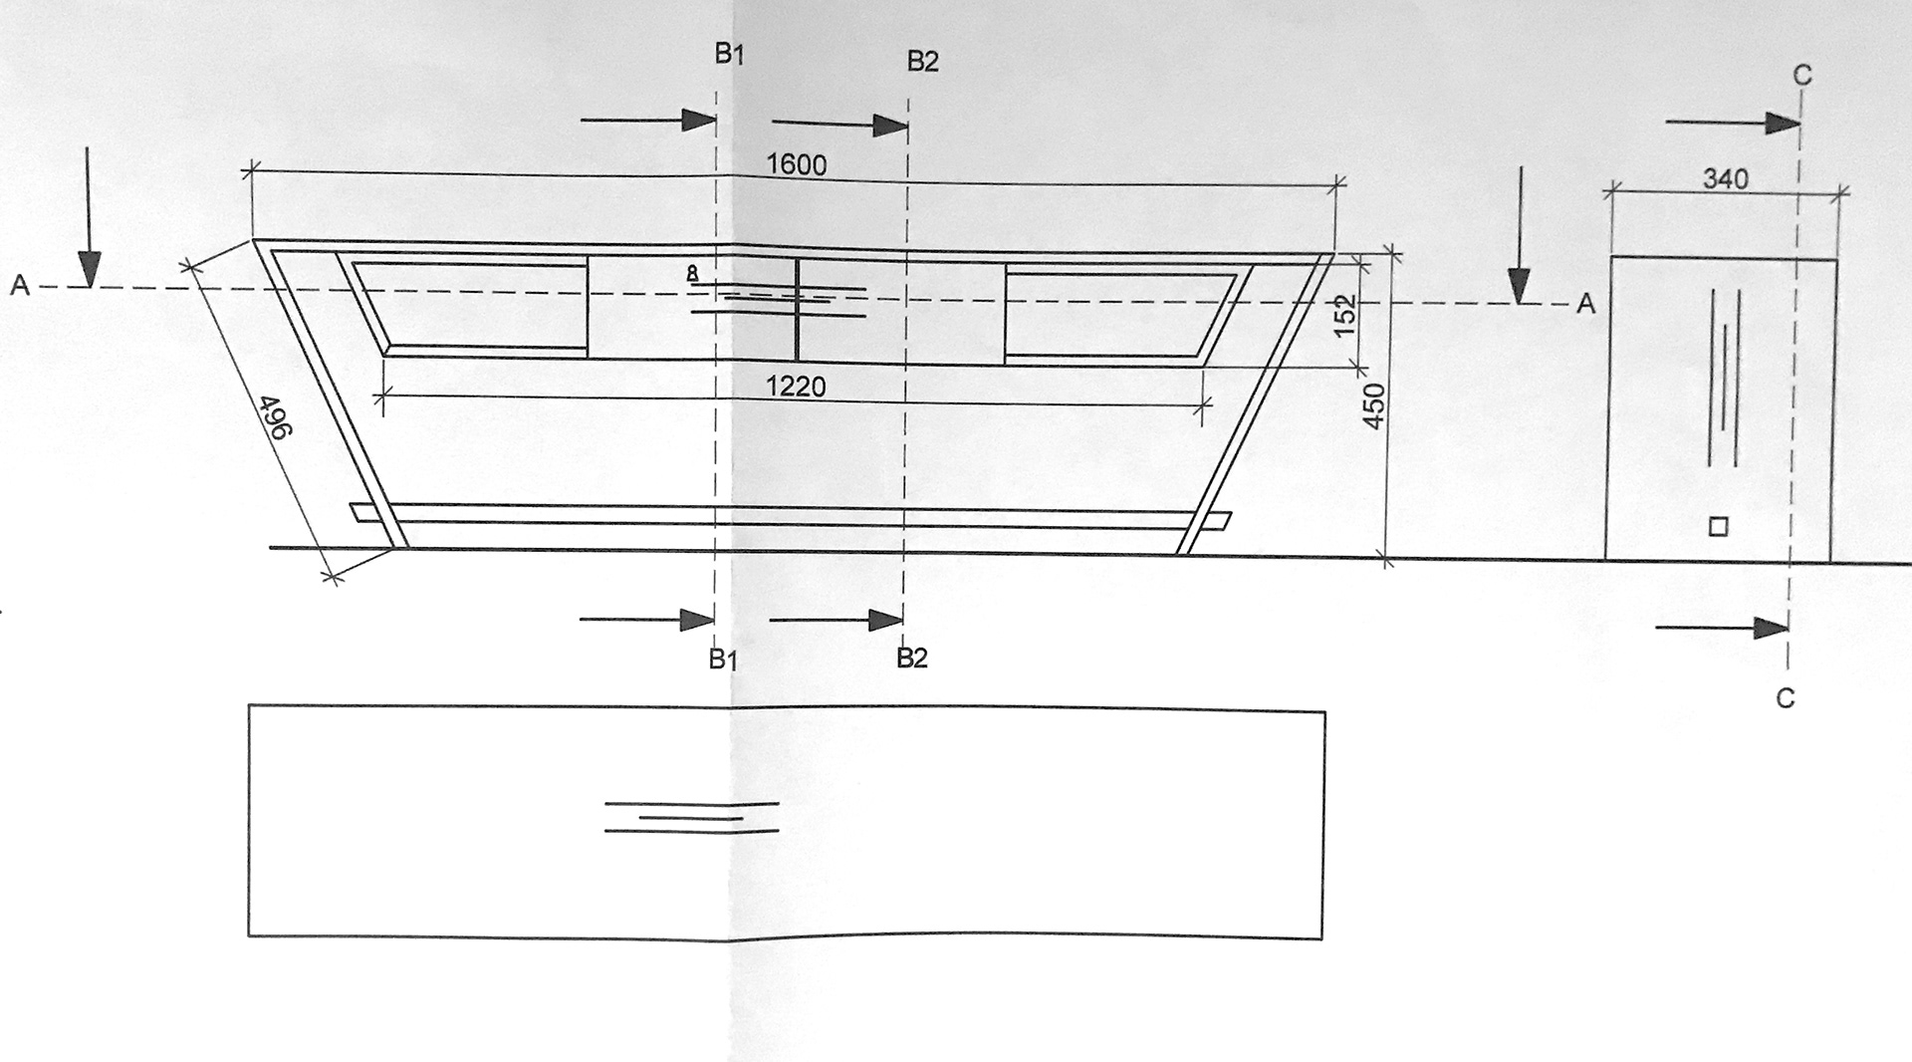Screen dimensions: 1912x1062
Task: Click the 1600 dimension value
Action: click(797, 164)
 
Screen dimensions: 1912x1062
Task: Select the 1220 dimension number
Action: click(796, 386)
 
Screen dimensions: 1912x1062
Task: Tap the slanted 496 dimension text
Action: click(274, 416)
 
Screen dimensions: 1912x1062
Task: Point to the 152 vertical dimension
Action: click(1346, 315)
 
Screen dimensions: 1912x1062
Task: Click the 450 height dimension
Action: click(1374, 405)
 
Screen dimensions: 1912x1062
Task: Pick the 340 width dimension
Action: click(1726, 179)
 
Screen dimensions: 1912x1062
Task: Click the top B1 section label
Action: click(729, 55)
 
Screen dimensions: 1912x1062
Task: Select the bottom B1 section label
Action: click(723, 660)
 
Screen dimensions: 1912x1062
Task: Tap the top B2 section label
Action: click(922, 62)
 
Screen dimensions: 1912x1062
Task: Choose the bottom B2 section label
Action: click(911, 658)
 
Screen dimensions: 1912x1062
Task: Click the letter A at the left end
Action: click(19, 287)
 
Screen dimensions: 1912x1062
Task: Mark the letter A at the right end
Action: click(1585, 305)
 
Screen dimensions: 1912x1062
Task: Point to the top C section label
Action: click(1801, 75)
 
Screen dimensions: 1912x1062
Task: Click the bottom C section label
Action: click(1785, 699)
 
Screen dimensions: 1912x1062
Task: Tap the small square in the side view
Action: click(1718, 527)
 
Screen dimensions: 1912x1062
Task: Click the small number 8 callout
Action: click(693, 272)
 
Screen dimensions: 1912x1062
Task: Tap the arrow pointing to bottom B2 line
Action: click(836, 620)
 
